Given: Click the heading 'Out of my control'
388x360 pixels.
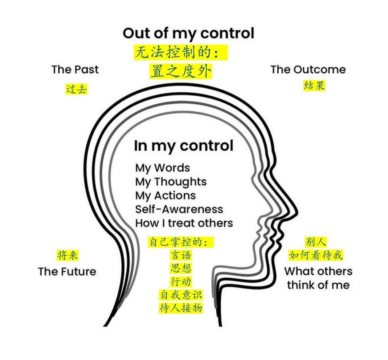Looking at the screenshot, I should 188,34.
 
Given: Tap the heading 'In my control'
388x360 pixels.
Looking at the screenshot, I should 183,146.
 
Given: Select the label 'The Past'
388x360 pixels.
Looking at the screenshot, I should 75,69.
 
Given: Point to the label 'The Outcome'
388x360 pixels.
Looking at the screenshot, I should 308,69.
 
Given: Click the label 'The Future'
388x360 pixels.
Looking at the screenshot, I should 67,271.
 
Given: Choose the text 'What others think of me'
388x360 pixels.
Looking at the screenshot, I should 318,278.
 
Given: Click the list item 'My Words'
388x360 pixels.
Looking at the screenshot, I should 162,168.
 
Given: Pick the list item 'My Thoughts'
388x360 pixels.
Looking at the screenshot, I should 171,182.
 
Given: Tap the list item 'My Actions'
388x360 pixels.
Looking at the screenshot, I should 165,196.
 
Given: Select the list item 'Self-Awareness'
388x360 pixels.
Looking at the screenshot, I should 179,209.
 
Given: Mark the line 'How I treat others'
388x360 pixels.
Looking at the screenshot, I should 184,223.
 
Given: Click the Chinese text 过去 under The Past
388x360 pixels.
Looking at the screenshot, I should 77,89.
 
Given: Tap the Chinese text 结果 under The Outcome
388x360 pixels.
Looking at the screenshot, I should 314,86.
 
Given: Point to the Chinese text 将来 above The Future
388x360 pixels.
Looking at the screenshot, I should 68,255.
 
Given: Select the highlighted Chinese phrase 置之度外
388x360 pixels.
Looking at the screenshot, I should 181,71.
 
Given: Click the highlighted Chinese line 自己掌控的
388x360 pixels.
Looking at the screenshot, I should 180,242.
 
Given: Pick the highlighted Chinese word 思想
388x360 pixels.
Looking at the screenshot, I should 181,268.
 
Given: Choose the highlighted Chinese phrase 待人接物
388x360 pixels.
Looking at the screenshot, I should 181,308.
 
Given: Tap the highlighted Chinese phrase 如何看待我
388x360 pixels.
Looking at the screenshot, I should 316,255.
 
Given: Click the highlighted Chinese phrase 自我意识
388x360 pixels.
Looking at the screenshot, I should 181,295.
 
